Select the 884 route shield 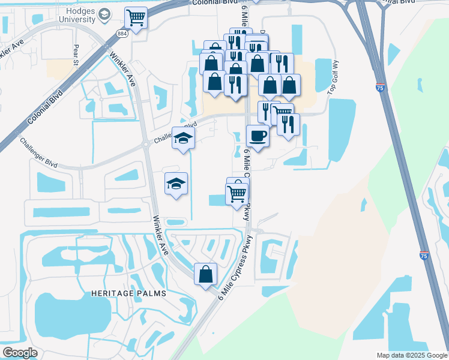point(122,34)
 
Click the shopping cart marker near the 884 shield point(137,18)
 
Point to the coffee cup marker point(258,136)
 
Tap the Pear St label point(76,55)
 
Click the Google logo point(20,352)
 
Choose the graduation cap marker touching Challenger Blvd point(184,138)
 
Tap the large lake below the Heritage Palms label point(72,316)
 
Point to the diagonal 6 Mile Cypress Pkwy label point(237,266)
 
